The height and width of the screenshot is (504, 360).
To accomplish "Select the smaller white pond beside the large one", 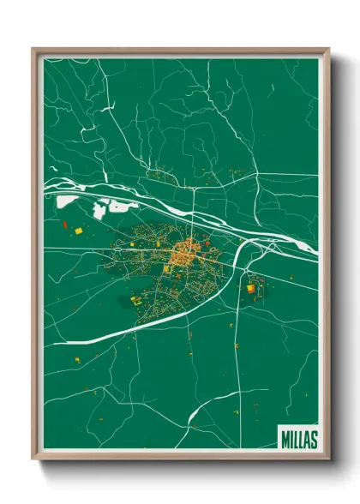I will coord(102,207).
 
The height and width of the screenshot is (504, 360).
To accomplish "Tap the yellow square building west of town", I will coord(78,231).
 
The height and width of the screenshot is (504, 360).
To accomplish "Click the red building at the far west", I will coord(64,225).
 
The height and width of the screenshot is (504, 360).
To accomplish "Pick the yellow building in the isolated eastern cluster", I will coord(251,289).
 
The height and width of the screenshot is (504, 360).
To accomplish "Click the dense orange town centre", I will coord(183,253).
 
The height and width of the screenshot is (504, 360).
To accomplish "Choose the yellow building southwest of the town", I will coord(135,300).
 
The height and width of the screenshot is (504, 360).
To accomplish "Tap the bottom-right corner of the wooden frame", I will coord(328,459).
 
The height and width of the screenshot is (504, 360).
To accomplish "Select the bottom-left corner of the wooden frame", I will coord(33,459).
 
